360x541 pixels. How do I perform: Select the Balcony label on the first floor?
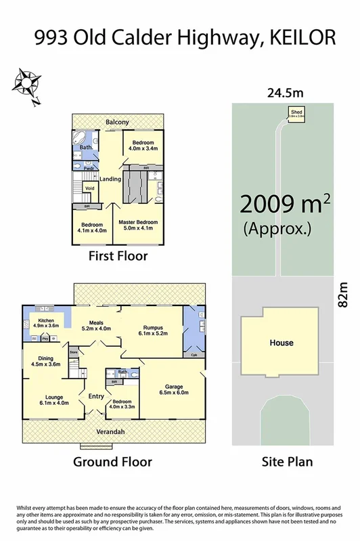click(117, 122)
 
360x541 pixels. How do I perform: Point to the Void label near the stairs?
click(89, 188)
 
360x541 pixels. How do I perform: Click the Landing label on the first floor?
click(110, 179)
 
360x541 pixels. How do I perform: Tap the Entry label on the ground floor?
click(95, 396)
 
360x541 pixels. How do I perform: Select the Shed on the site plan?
click(296, 113)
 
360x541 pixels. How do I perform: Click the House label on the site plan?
click(282, 343)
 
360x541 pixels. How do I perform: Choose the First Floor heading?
click(118, 257)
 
